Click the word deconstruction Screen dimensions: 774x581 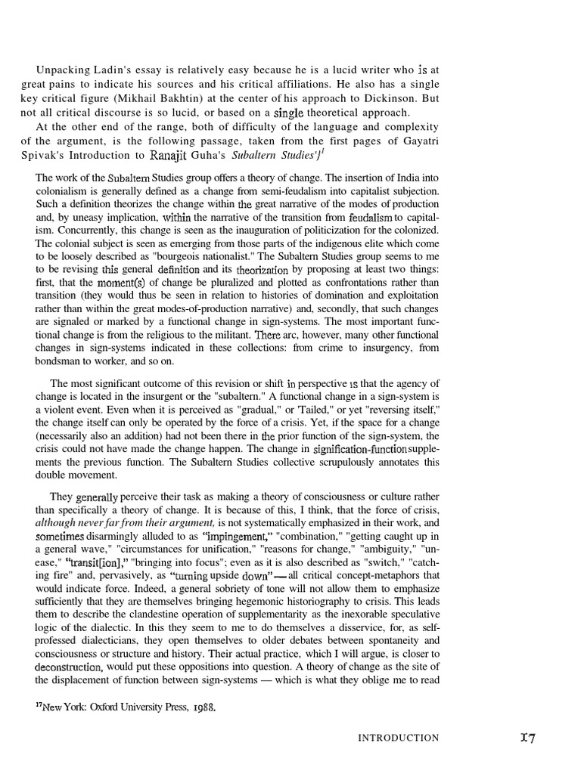(68, 667)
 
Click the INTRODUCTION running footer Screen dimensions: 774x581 (398, 738)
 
